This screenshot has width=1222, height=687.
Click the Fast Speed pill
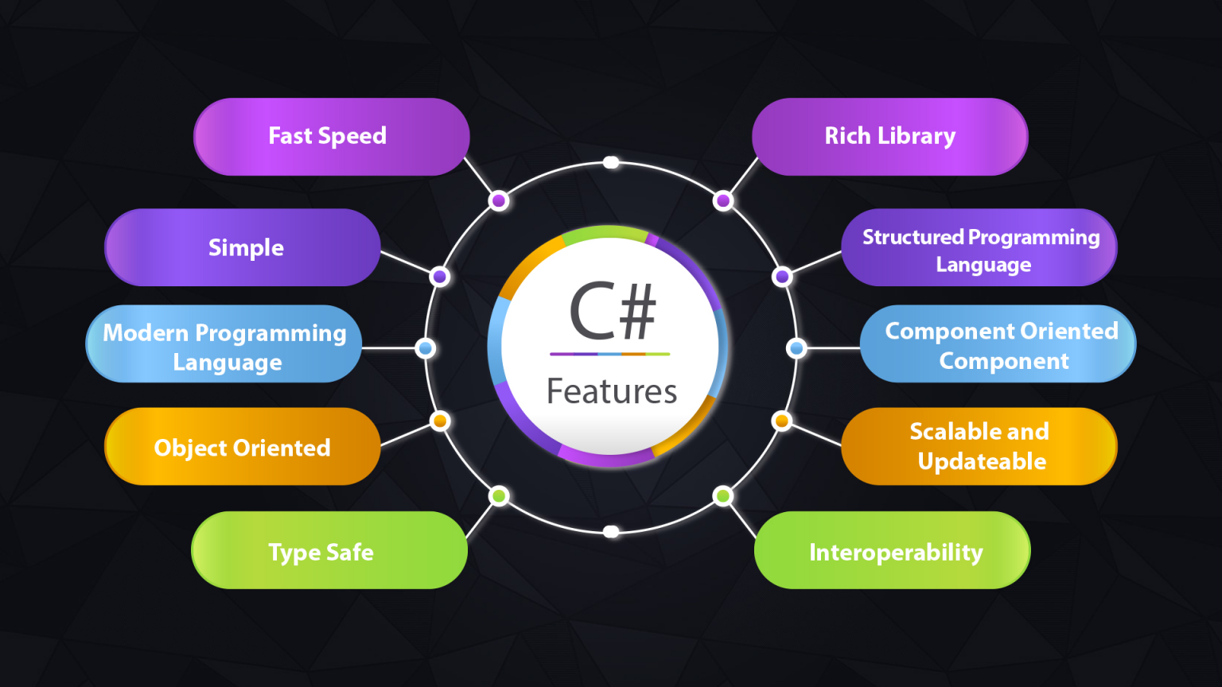332,136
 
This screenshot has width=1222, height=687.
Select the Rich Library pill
889,136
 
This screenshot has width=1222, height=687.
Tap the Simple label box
242,247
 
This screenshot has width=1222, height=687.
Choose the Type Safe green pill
329,550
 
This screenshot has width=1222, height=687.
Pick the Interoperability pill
893,550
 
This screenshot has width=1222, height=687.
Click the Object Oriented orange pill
242,447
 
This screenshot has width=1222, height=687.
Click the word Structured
913,237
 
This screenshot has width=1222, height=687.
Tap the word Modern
145,332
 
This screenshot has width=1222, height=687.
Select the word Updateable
982,462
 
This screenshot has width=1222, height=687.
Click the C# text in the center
612,312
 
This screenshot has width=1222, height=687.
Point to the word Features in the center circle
612,391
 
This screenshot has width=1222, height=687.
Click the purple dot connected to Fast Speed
499,200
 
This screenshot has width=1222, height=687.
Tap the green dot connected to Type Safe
499,496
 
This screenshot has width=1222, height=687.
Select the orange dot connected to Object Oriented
440,421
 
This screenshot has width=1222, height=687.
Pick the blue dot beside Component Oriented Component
796,347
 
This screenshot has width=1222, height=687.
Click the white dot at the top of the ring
611,162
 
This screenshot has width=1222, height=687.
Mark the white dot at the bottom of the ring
611,532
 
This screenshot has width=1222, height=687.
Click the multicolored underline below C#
610,354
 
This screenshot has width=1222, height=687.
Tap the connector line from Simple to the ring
406,262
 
